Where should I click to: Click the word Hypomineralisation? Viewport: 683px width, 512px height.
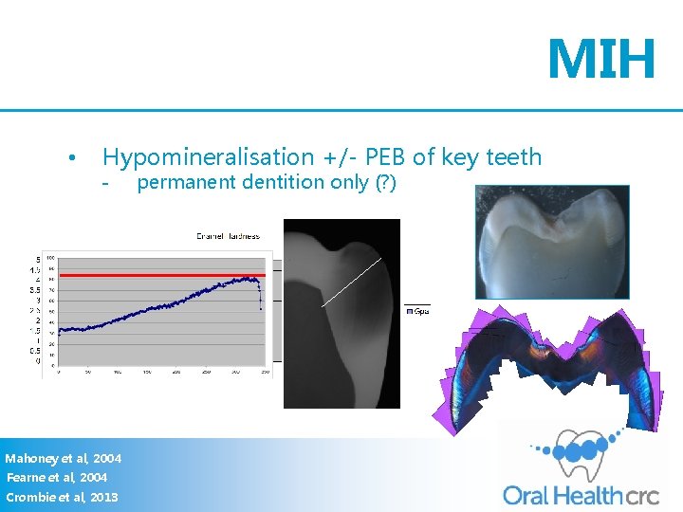pyautogui.click(x=208, y=157)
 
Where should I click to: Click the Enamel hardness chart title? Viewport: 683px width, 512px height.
pyautogui.click(x=228, y=235)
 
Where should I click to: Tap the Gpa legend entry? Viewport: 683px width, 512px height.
pyautogui.click(x=417, y=311)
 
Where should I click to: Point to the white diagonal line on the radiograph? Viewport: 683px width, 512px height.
pyautogui.click(x=351, y=282)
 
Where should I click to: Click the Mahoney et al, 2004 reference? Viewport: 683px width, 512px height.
pyautogui.click(x=63, y=459)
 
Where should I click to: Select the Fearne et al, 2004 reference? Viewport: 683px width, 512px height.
pyautogui.click(x=57, y=478)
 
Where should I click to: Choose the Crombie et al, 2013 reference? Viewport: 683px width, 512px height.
pyautogui.click(x=62, y=497)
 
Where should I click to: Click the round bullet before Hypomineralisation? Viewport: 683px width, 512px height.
pyautogui.click(x=71, y=157)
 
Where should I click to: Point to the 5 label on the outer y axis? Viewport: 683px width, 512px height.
pyautogui.click(x=37, y=259)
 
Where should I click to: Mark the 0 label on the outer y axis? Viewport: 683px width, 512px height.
pyautogui.click(x=37, y=360)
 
